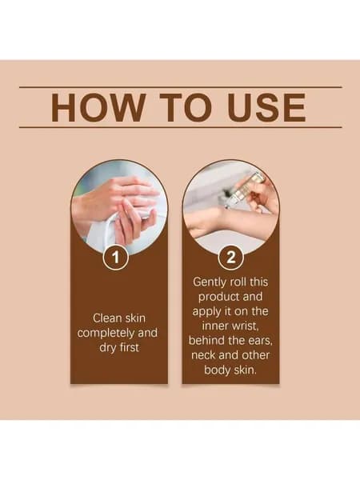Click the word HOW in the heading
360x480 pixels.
(x=98, y=107)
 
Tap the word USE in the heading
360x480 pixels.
(x=266, y=107)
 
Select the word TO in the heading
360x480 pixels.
(x=186, y=107)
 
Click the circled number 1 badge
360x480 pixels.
(x=115, y=258)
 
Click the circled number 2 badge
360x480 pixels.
(x=231, y=258)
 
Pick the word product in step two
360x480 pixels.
(x=214, y=297)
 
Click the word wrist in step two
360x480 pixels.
(x=246, y=326)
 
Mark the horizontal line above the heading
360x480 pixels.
(x=180, y=87)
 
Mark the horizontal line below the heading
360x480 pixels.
(x=180, y=127)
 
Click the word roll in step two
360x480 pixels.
(x=238, y=282)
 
